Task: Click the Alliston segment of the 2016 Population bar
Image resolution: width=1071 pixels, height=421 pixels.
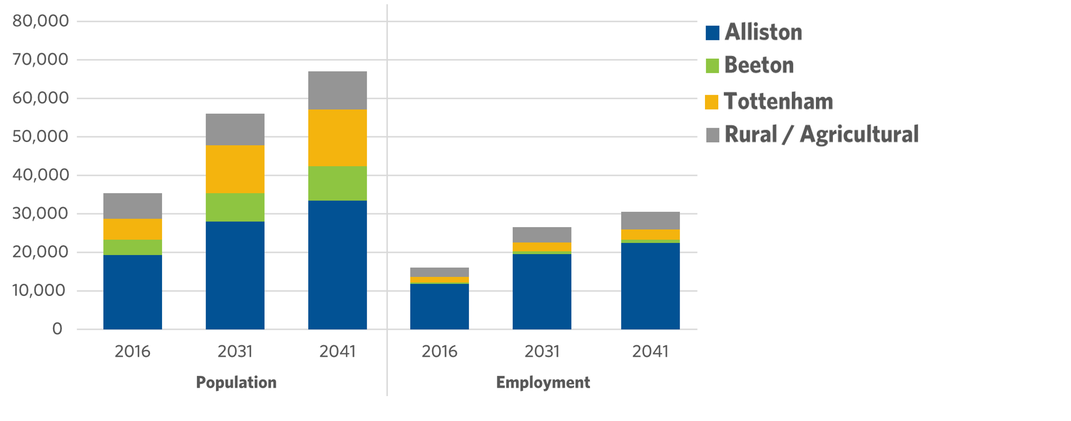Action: [x=133, y=292]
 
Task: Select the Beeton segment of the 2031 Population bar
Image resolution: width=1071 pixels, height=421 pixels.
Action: [x=235, y=207]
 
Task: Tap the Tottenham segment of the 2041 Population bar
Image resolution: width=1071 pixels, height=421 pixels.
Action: [x=337, y=137]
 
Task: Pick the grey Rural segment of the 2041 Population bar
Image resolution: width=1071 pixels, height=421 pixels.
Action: [x=337, y=90]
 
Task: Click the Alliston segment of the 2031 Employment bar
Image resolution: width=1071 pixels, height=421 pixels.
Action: [x=541, y=291]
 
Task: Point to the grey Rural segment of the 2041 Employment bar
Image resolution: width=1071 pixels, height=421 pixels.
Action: [x=650, y=220]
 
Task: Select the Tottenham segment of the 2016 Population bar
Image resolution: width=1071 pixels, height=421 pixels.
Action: [x=133, y=229]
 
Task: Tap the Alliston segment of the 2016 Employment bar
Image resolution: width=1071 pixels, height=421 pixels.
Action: [x=439, y=306]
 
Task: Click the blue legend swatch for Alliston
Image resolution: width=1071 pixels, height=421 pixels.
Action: [x=712, y=33]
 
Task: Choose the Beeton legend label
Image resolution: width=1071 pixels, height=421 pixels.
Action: [x=759, y=65]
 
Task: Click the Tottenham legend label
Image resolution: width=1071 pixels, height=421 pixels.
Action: [x=778, y=101]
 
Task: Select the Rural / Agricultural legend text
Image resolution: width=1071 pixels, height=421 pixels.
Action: [x=821, y=134]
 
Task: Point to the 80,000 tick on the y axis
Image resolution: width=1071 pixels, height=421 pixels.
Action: [x=40, y=21]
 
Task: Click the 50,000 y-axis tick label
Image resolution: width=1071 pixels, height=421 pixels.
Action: [x=40, y=136]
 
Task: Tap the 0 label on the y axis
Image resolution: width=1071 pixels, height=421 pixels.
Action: [x=57, y=329]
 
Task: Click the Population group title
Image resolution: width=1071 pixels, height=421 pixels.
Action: [x=236, y=382]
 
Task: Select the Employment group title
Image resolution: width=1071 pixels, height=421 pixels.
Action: [x=543, y=382]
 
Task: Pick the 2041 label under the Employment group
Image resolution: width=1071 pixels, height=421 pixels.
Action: [x=650, y=352]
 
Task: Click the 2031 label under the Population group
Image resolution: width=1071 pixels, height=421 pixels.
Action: [x=235, y=352]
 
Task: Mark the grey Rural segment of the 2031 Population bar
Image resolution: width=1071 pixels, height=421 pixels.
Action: [x=235, y=129]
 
